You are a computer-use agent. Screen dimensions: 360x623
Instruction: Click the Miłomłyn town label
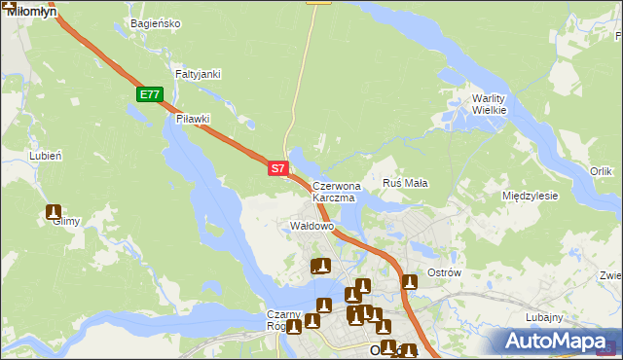pyautogui.click(x=31, y=10)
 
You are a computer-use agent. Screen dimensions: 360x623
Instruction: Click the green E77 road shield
pyautogui.click(x=149, y=94)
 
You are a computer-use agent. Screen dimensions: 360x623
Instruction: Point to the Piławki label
pyautogui.click(x=193, y=119)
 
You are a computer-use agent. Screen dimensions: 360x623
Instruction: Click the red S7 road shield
pyautogui.click(x=277, y=168)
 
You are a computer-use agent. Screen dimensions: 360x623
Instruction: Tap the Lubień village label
pyautogui.click(x=46, y=155)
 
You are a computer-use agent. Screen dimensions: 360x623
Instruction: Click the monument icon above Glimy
pyautogui.click(x=54, y=212)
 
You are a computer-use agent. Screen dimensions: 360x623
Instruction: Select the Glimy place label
pyautogui.click(x=66, y=221)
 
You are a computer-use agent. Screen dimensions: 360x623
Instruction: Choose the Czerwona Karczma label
pyautogui.click(x=337, y=191)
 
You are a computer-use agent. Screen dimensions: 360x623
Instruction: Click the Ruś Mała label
pyautogui.click(x=406, y=182)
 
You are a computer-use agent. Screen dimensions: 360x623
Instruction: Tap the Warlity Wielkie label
pyautogui.click(x=490, y=104)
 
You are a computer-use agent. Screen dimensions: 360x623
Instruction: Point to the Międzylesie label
pyautogui.click(x=530, y=196)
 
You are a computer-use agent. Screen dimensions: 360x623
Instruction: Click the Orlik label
pyautogui.click(x=601, y=171)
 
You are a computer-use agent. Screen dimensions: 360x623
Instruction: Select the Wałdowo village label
pyautogui.click(x=312, y=226)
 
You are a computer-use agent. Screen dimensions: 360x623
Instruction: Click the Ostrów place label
pyautogui.click(x=444, y=272)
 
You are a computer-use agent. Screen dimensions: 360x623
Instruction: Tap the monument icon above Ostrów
pyautogui.click(x=410, y=283)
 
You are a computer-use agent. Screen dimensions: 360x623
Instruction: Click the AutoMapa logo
pyautogui.click(x=560, y=341)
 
